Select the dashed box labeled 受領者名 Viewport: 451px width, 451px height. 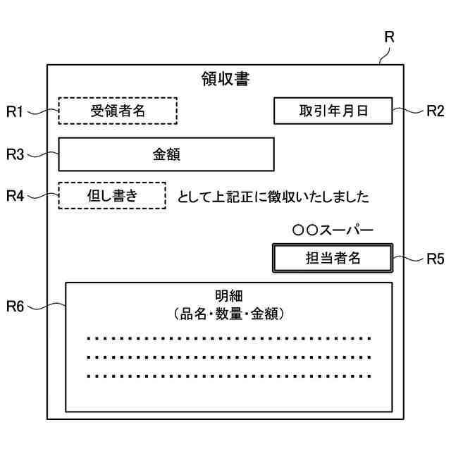pyautogui.click(x=118, y=111)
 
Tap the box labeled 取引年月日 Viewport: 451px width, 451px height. pyautogui.click(x=333, y=111)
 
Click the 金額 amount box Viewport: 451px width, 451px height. pyautogui.click(x=166, y=154)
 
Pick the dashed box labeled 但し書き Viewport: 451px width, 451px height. pyautogui.click(x=112, y=195)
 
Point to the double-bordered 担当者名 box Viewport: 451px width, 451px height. pyautogui.click(x=333, y=257)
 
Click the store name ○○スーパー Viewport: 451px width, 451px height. pyautogui.click(x=333, y=230)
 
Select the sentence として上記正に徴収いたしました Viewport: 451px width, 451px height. pyautogui.click(x=273, y=197)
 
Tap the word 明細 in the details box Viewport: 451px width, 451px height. pyautogui.click(x=229, y=295)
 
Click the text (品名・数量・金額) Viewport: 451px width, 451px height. pyautogui.click(x=229, y=313)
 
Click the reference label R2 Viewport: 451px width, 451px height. pyautogui.click(x=435, y=111)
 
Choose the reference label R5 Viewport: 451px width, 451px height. pyautogui.click(x=435, y=259)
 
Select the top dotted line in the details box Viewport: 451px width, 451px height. pyautogui.click(x=229, y=339)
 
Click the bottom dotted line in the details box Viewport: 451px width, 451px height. pyautogui.click(x=229, y=376)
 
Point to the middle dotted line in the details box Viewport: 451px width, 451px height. pyautogui.click(x=229, y=357)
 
